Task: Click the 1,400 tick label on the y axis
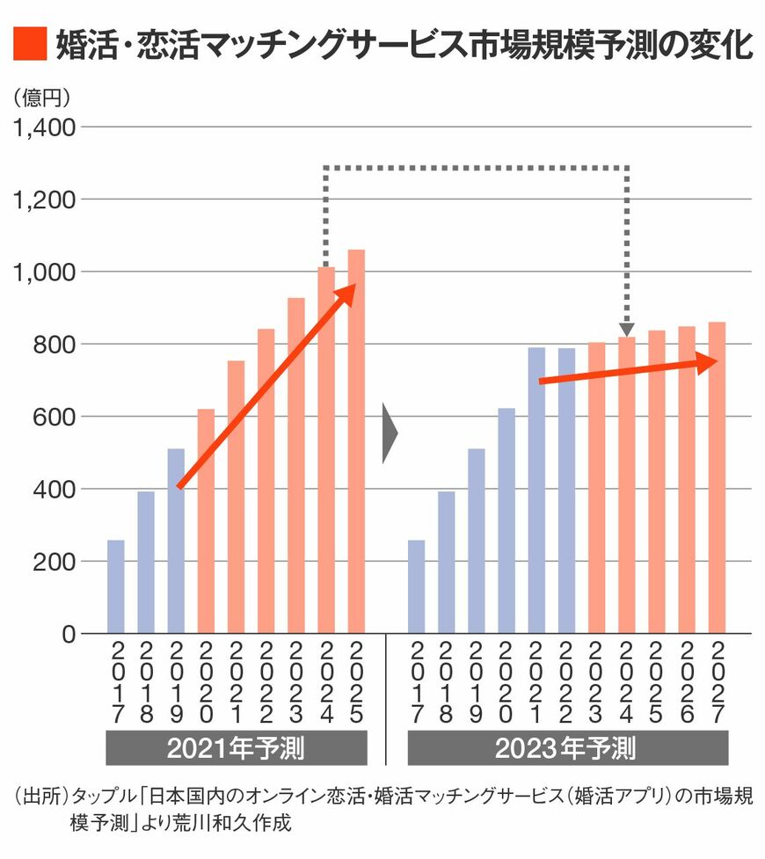point(41,127)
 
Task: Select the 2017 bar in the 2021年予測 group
point(115,586)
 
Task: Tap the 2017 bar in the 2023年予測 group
point(416,586)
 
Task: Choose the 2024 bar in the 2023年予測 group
point(627,484)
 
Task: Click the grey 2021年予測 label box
point(236,748)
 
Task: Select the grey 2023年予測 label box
point(567,748)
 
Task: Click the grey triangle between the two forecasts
point(390,433)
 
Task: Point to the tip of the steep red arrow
point(353,287)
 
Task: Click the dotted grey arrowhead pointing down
point(627,329)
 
